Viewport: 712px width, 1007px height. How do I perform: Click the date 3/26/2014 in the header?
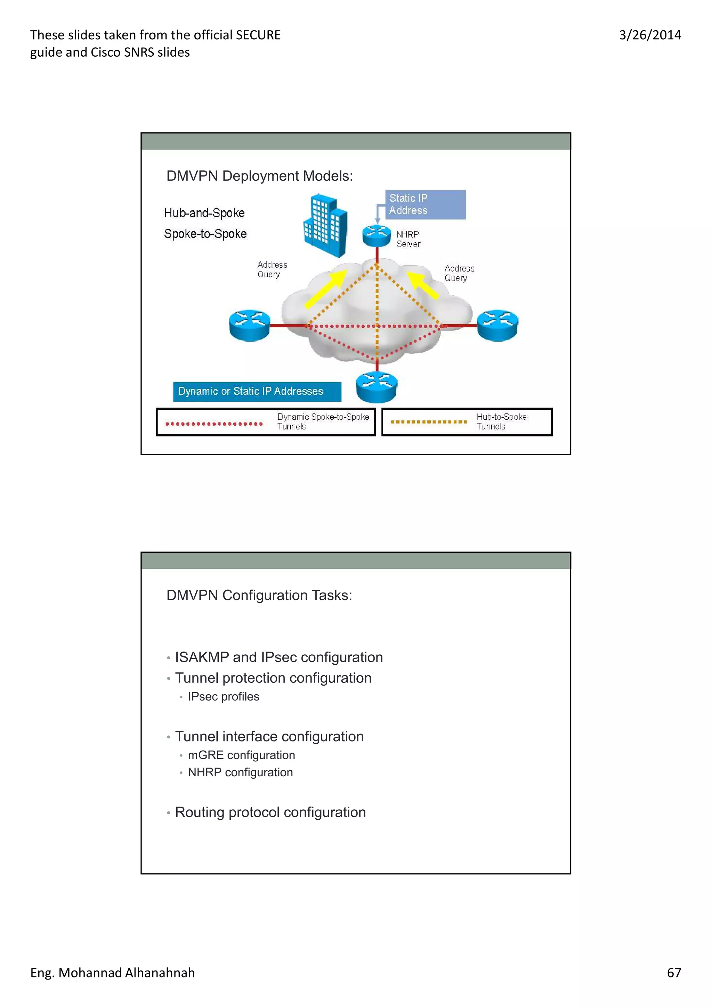tap(650, 35)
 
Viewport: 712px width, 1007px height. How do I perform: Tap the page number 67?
tap(673, 972)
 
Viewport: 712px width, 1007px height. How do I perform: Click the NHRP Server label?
tap(408, 239)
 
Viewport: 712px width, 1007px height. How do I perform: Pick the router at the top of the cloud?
tap(377, 236)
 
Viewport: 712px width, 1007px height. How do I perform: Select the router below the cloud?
tap(377, 387)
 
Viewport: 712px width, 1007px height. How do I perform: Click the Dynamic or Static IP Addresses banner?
tap(257, 391)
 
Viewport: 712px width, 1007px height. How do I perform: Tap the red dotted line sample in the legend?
tap(214, 423)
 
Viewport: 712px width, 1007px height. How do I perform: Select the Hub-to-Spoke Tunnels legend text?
tap(501, 421)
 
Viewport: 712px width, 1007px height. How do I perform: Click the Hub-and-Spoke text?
tap(204, 213)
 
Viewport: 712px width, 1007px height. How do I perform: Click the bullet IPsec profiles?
tap(223, 696)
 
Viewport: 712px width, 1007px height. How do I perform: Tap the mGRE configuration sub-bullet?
tap(241, 755)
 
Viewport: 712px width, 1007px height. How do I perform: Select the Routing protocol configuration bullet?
tap(270, 812)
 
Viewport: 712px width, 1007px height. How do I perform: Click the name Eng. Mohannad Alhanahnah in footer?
tap(112, 972)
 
